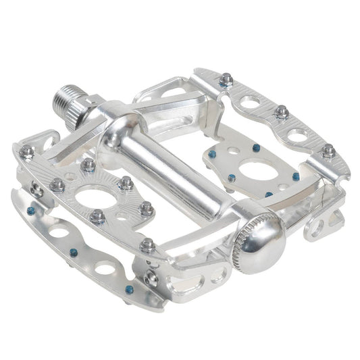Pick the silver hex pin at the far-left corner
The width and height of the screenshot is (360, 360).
pyautogui.click(x=26, y=152)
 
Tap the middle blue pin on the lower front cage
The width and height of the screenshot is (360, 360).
pyautogui.click(x=74, y=252)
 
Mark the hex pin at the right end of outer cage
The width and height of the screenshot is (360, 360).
pyautogui.click(x=328, y=150)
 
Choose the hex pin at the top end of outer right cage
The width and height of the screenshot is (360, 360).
pyautogui.click(x=227, y=80)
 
